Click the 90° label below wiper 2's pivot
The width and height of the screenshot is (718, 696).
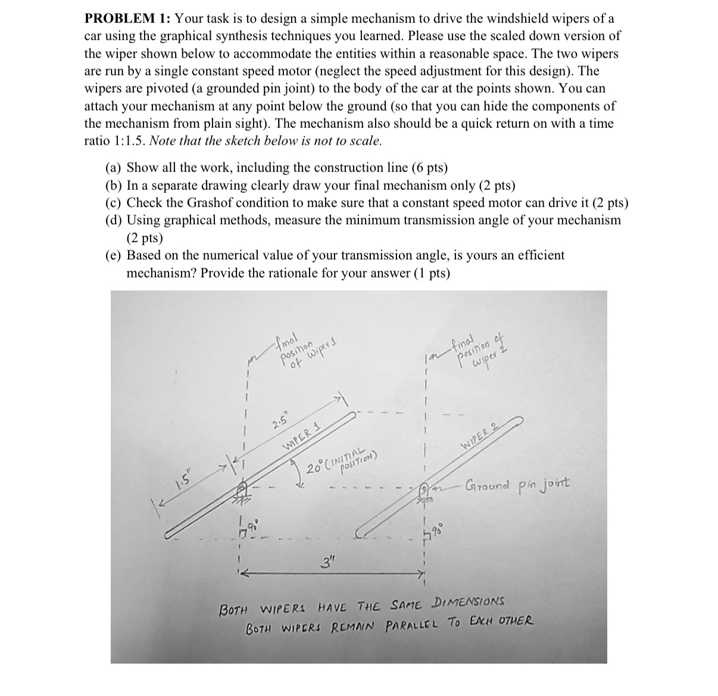(x=439, y=529)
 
